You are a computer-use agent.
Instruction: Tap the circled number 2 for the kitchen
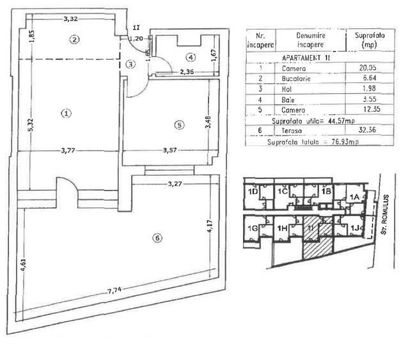coord(75,40)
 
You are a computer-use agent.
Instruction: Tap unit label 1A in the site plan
coord(354,197)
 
